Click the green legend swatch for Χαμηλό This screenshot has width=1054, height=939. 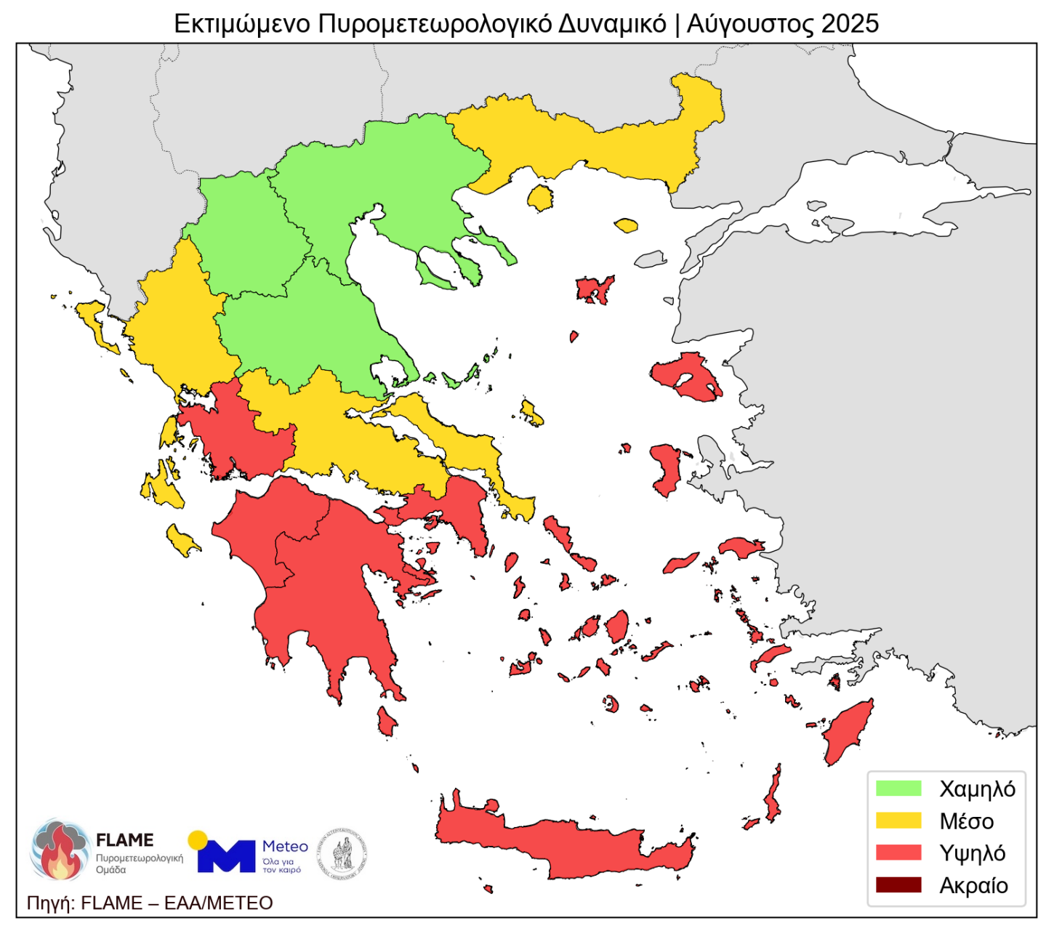click(898, 789)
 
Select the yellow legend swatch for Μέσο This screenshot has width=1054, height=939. click(898, 821)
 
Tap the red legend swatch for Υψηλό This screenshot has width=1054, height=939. click(898, 853)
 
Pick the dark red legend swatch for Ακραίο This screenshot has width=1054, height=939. click(898, 884)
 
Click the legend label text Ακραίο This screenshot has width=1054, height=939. click(973, 886)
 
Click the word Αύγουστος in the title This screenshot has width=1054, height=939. click(749, 24)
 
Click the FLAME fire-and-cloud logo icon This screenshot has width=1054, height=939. click(60, 849)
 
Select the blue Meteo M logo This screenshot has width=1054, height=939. click(225, 855)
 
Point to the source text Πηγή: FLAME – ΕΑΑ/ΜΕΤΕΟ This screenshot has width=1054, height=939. click(150, 903)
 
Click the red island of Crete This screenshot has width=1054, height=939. click(567, 843)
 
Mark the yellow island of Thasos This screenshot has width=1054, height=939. click(540, 198)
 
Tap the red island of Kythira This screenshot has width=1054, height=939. click(386, 722)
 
